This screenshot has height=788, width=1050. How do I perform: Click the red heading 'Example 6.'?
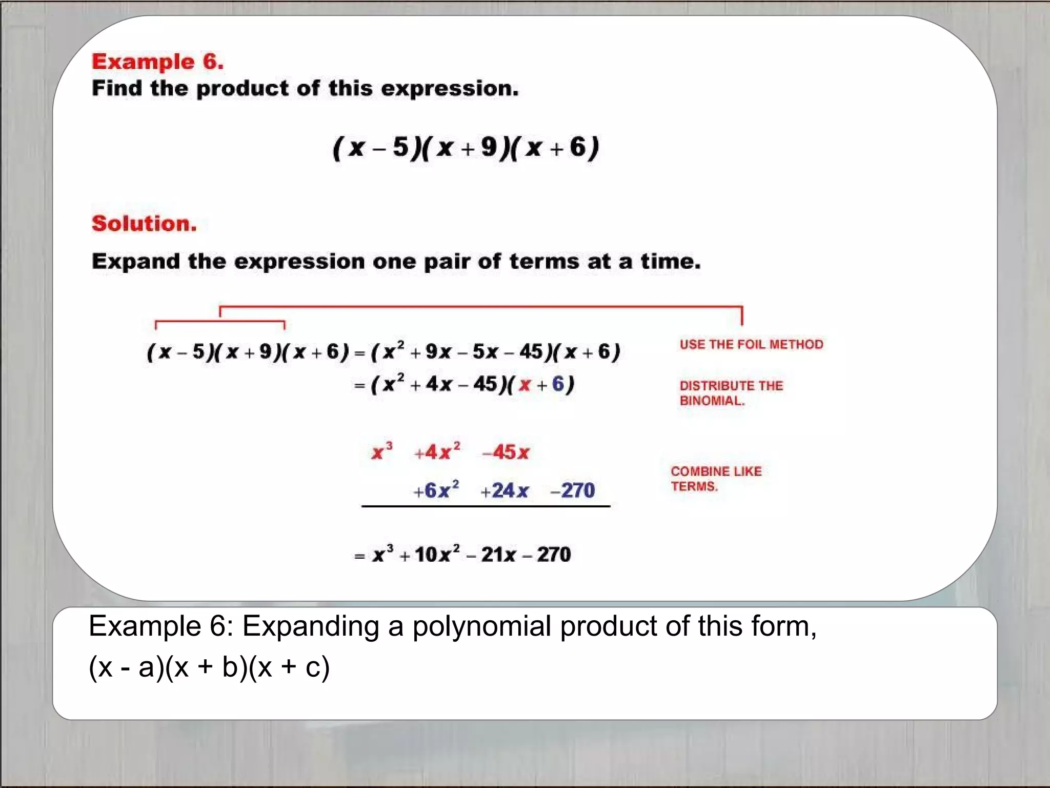157,62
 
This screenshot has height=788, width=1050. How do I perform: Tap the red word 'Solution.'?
144,224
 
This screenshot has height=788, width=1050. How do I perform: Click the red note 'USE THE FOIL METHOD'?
751,344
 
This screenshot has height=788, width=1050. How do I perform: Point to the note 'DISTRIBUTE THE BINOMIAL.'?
731,393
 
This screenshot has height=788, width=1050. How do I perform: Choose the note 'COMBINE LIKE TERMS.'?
716,479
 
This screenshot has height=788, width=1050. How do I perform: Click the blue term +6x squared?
436,490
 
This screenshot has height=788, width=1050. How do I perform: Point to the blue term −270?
573,490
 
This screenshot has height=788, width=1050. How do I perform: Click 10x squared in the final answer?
437,554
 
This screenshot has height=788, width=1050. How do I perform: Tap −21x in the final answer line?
492,555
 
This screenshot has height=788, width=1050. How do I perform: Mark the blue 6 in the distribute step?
558,384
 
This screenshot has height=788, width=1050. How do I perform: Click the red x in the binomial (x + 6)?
524,385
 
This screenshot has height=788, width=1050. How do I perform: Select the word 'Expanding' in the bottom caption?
310,626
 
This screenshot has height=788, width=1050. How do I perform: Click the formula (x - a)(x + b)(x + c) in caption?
209,667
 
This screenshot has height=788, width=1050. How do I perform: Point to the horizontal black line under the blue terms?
486,506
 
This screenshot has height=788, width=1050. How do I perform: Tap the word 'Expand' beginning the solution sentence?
136,262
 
